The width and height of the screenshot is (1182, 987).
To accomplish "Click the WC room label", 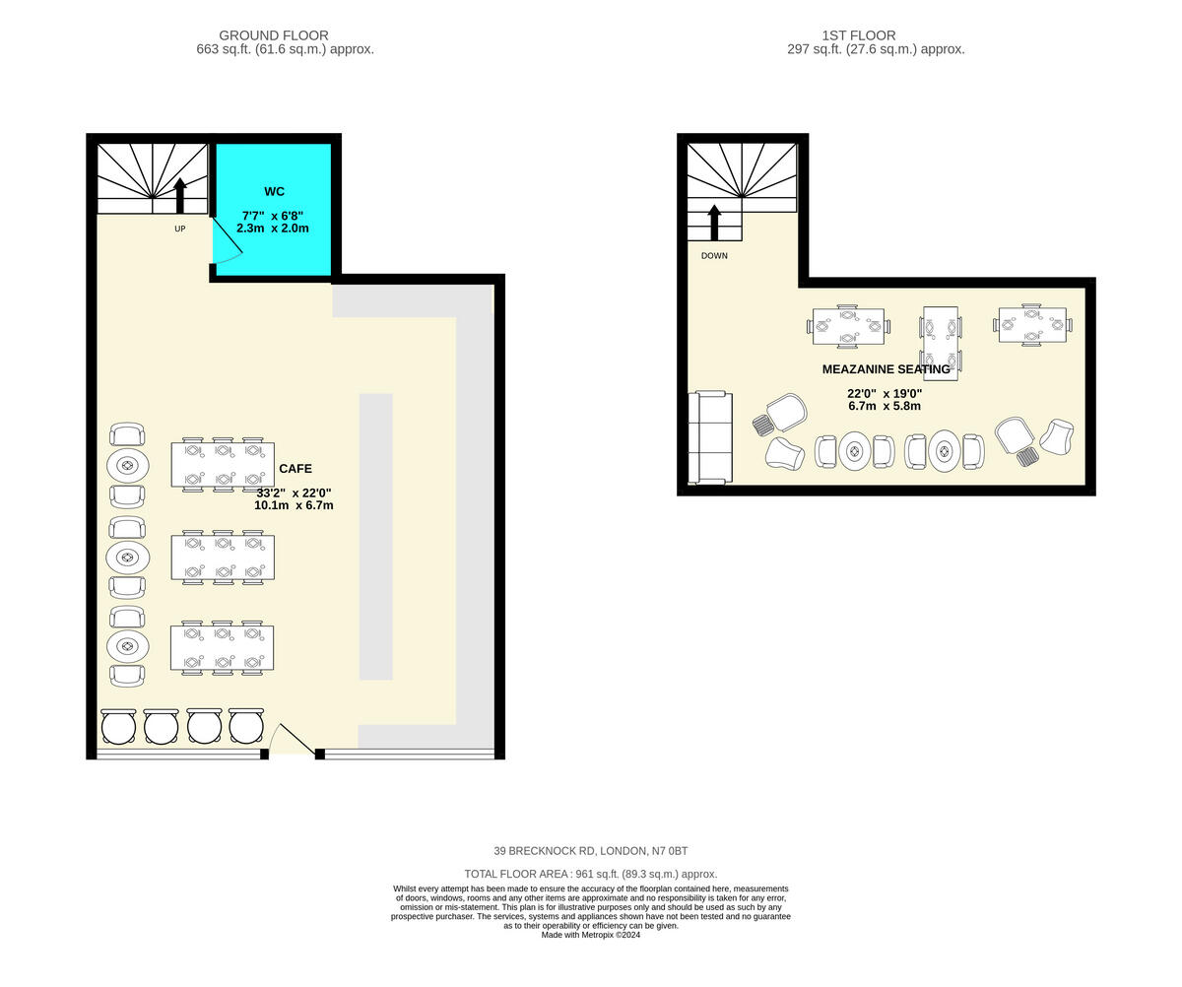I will tap(274, 191).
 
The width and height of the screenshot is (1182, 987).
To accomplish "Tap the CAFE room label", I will tap(295, 469).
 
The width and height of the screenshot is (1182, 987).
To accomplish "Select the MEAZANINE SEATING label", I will tap(886, 369).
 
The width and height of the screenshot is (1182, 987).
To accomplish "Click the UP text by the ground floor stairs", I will tap(179, 229).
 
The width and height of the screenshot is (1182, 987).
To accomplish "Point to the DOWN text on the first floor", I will tap(714, 256).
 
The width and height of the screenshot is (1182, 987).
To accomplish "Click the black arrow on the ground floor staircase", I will tap(179, 195).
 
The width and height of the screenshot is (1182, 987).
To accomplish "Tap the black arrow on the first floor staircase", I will tap(714, 222).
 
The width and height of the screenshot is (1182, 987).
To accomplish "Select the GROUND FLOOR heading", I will tap(273, 35).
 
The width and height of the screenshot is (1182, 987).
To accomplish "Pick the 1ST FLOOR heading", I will tap(858, 35).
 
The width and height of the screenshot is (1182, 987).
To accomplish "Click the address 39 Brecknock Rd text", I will tap(590, 851).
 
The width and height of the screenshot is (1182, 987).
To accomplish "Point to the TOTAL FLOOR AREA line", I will tap(590, 874).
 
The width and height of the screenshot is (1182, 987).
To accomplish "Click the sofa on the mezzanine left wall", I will tap(710, 437).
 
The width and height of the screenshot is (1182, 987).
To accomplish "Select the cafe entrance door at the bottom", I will tap(294, 741).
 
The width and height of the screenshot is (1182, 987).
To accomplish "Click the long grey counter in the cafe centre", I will tap(375, 537).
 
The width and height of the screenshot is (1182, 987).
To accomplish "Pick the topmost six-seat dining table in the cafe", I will tap(223, 464).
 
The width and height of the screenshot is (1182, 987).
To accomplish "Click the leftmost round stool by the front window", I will tap(118, 727).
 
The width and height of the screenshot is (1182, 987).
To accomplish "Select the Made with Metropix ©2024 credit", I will tap(590, 935).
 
